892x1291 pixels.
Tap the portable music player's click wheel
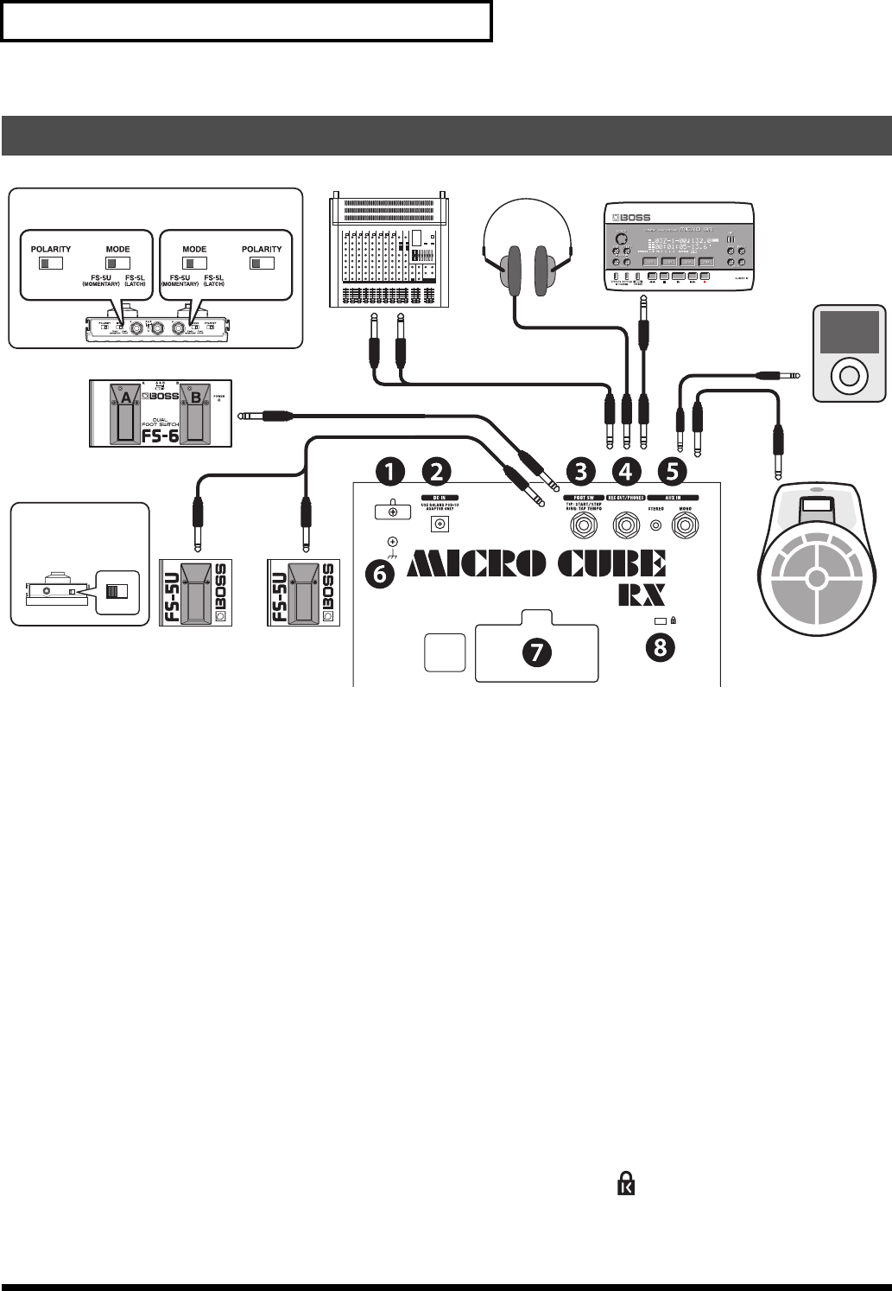pos(847,376)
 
